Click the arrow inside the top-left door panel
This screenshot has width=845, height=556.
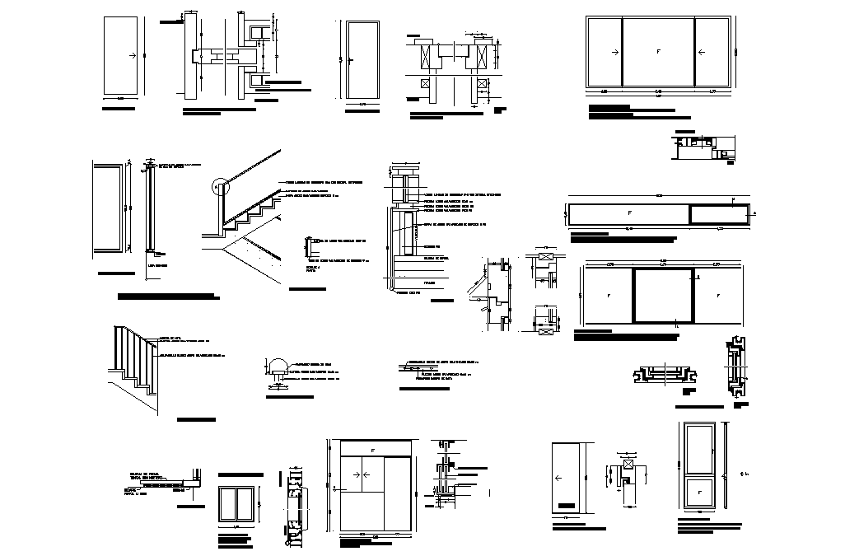coord(131,56)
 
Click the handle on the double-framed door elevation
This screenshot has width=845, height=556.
coord(350,60)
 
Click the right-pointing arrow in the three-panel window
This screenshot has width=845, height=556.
coord(614,52)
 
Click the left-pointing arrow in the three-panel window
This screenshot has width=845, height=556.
coord(701,52)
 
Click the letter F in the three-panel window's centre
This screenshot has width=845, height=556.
coord(658,52)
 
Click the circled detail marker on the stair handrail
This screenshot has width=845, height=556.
coord(219,187)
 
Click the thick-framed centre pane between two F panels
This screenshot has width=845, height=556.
coord(663,295)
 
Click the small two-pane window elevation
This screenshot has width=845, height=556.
coord(236,503)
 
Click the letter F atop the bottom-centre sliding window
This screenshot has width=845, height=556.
coord(372,450)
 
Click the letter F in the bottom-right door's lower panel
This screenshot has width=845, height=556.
coord(701,492)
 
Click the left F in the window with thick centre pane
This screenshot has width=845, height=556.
coord(609,295)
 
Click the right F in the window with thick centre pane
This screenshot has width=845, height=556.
coord(717,295)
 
